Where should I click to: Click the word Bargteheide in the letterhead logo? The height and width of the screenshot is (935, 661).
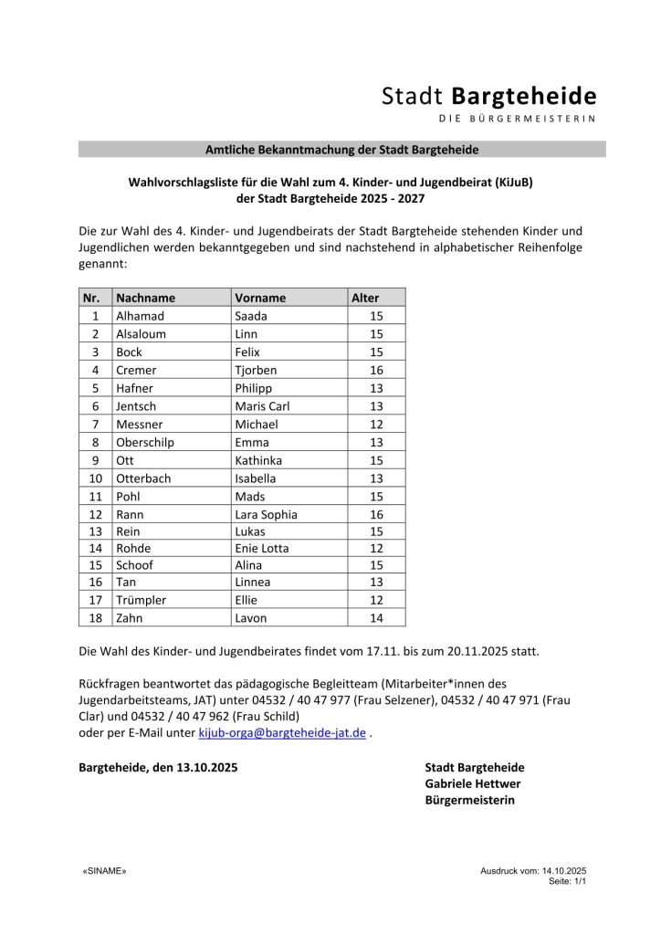525,96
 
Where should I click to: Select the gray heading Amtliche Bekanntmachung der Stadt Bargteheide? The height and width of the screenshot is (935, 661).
341,149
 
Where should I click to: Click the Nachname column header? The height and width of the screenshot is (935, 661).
145,298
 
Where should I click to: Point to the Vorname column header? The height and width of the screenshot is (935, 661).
260,298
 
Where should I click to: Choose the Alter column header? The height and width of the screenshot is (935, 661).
365,298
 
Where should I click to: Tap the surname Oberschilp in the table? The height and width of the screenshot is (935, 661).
145,442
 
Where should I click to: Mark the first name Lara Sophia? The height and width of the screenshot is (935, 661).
266,514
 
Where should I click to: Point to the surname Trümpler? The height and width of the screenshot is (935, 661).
141,600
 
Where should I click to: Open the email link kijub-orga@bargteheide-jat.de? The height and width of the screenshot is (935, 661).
282,732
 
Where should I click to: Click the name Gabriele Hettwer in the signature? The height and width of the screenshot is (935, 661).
473,783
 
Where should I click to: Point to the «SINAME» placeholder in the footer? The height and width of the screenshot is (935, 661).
105,872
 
